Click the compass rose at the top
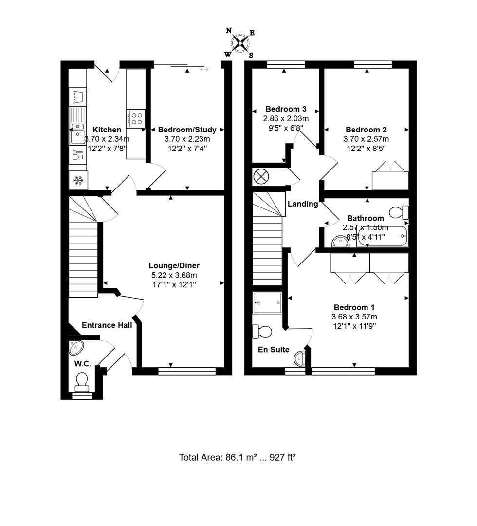[x=239, y=43]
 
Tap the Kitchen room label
[x=107, y=130]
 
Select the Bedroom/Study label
[x=186, y=130]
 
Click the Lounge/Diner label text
[x=174, y=265]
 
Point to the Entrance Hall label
[x=107, y=325]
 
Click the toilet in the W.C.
[x=82, y=381]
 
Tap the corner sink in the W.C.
[x=76, y=348]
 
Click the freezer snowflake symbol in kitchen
[x=78, y=181]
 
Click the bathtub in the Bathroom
[x=382, y=236]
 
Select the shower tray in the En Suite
[x=267, y=303]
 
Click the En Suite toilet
[x=262, y=332]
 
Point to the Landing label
[x=302, y=204]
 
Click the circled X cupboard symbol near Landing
[x=262, y=176]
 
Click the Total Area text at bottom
[x=238, y=457]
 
